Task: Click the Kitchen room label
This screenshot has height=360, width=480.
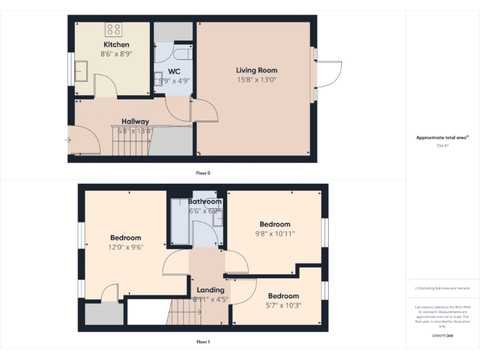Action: [x=116, y=44]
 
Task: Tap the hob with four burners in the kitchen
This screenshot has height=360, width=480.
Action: [x=114, y=29]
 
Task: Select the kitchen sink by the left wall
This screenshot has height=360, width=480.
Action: [x=81, y=71]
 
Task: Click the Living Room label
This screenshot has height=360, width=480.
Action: [x=256, y=70]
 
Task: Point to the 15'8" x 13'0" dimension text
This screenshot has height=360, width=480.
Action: [x=256, y=79]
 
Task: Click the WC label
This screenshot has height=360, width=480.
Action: [x=174, y=71]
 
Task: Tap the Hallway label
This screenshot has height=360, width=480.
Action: [x=135, y=121]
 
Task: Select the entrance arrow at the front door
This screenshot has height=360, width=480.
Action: [x=68, y=140]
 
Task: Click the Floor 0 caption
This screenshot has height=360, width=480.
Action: [x=203, y=172]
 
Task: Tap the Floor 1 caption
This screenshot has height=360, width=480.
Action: [x=203, y=342]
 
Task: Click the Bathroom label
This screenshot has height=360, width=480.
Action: [x=204, y=201]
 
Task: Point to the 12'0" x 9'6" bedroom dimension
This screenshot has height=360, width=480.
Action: [x=126, y=247]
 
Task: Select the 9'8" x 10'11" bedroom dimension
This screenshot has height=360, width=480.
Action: [x=275, y=234]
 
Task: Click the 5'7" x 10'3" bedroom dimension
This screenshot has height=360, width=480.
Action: [x=283, y=305]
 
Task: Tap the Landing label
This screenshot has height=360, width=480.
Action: [x=210, y=290]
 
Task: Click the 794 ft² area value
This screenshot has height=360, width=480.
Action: [x=442, y=145]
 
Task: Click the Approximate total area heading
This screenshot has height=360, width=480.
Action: [x=442, y=137]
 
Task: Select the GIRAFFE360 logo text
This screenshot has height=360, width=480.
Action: [x=442, y=336]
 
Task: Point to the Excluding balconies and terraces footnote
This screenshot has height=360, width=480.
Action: [x=442, y=288]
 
